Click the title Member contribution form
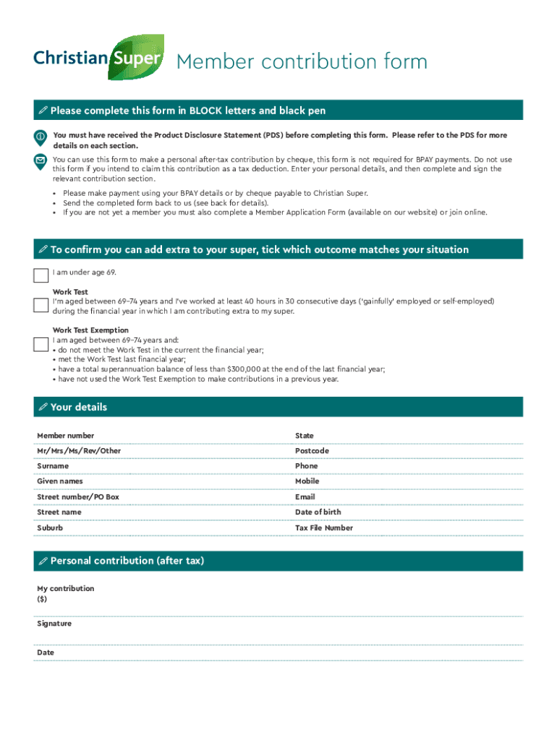tap(302, 62)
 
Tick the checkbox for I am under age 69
tap(41, 275)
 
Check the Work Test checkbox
tap(41, 305)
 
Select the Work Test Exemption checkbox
tap(41, 343)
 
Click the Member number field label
tap(66, 436)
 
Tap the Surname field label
tap(53, 466)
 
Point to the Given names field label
tap(60, 481)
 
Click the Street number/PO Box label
tap(78, 497)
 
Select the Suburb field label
tap(50, 528)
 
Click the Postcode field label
tap(312, 451)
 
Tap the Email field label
tap(305, 497)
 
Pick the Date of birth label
tap(318, 512)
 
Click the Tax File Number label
tap(324, 528)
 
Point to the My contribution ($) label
tap(65, 594)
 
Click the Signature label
tap(54, 624)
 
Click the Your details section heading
tap(78, 408)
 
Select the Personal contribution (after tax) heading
tap(127, 561)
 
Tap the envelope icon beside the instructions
tap(41, 160)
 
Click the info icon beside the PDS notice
tap(41, 137)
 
